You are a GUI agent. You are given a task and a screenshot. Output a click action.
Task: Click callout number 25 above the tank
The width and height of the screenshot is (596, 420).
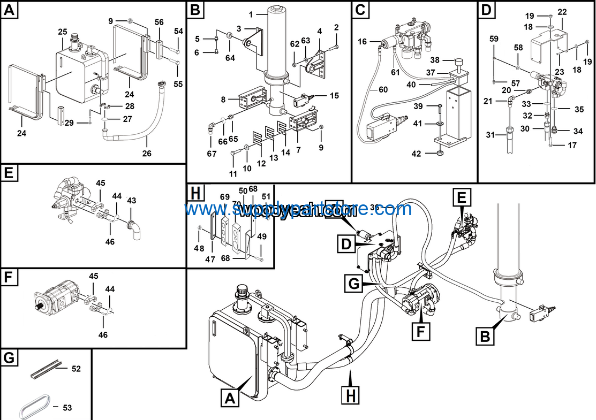pos(63,32)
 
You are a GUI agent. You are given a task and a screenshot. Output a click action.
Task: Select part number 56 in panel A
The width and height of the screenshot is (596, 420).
pos(159,21)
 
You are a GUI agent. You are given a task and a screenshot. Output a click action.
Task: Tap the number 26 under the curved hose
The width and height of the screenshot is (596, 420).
pos(147,154)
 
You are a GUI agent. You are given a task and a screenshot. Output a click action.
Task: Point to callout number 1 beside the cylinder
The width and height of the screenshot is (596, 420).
pos(250,13)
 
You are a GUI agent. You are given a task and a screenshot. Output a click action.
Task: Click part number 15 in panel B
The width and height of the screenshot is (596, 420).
pos(334,96)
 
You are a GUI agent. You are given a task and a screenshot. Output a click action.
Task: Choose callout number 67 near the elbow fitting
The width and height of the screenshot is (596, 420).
pos(212,154)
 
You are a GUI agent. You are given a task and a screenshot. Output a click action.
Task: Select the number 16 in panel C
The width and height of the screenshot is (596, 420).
pos(363,42)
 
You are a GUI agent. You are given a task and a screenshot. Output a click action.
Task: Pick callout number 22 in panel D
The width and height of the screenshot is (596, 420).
pos(562,12)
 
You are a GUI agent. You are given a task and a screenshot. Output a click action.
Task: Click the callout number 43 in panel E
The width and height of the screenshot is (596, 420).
pos(131,200)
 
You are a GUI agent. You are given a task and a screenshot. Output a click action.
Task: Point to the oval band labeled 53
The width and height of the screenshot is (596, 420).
pos(35,408)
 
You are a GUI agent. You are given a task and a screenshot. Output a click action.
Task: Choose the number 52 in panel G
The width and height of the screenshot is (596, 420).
pos(76,369)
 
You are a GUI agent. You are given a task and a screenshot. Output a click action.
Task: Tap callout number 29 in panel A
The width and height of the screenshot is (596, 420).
pos(69,123)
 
